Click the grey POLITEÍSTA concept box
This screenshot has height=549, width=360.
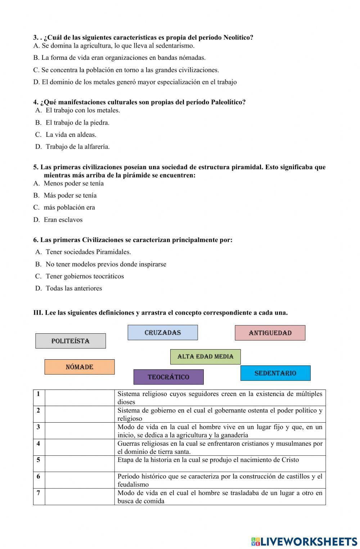point(71,341)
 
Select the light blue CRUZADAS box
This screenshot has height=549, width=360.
point(163,333)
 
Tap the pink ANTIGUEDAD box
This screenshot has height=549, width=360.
point(270,333)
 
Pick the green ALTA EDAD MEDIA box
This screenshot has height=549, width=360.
point(205,357)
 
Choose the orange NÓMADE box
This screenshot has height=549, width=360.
point(80,367)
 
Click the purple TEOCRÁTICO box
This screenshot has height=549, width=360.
point(168,377)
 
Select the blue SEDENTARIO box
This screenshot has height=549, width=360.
point(275,373)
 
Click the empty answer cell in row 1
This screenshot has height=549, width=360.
point(80,398)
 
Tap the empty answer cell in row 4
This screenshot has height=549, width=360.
point(80,447)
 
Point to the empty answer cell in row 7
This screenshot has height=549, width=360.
point(80,497)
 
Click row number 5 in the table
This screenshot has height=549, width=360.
point(39,460)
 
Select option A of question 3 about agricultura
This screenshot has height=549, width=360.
point(114,46)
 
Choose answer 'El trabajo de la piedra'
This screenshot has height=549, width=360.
point(77,123)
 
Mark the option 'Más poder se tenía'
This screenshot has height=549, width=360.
point(70,195)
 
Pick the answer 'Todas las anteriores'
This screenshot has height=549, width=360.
point(73,288)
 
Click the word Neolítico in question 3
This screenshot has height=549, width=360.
point(238,37)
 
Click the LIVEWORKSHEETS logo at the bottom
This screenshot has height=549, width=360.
point(304,541)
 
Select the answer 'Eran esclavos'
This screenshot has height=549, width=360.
point(63,220)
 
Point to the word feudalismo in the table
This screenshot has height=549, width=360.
point(133,485)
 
